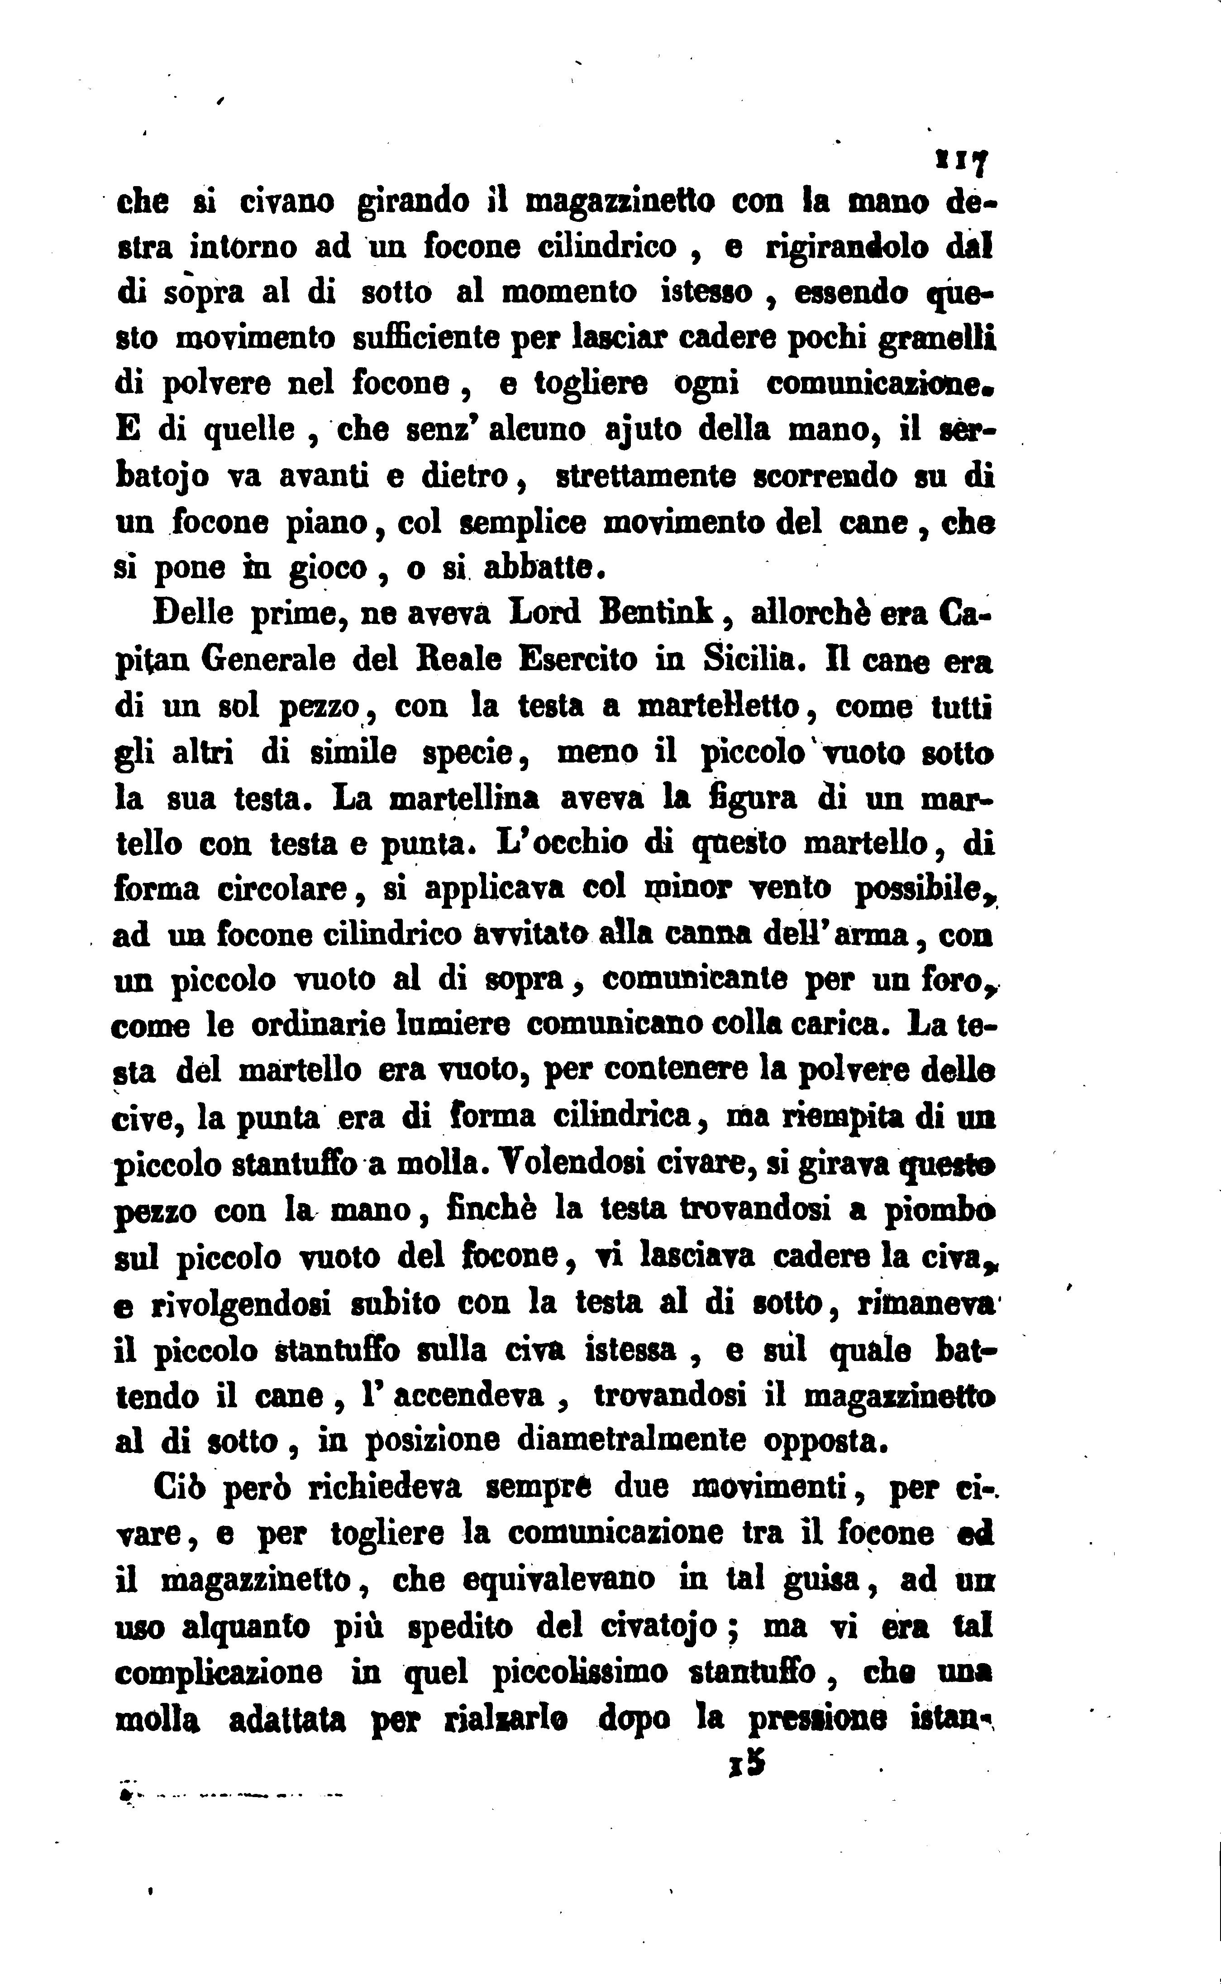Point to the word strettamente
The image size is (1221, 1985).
click(646, 477)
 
